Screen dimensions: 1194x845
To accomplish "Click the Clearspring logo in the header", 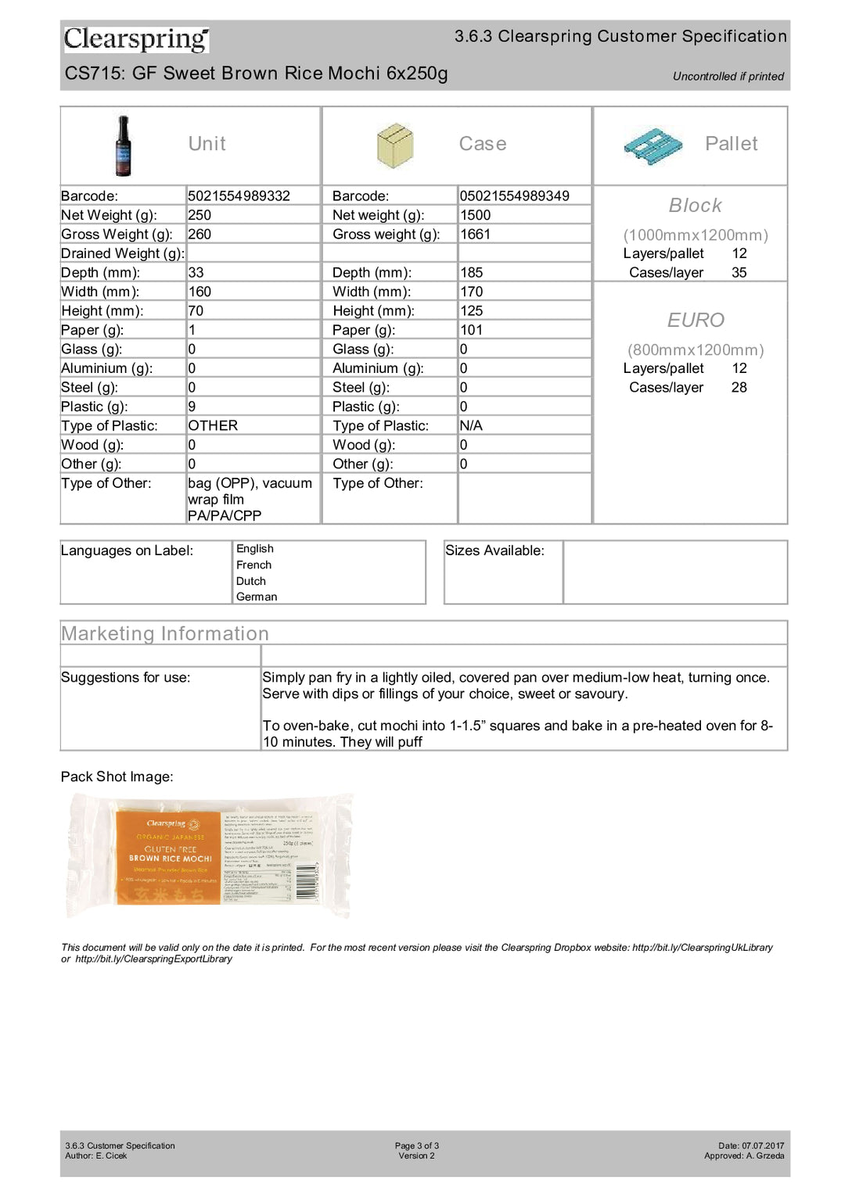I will pos(136,38).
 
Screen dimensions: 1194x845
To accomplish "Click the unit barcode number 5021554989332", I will pos(239,196).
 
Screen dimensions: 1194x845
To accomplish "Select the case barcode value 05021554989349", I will pos(514,196).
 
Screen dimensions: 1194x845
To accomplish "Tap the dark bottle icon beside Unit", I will pos(123,145).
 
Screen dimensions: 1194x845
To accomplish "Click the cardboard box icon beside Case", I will pos(394,145).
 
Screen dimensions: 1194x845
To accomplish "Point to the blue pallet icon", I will pos(653,146).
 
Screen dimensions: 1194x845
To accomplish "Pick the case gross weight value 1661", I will pos(475,235).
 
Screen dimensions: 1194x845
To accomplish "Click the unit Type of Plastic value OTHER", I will pos(213,426).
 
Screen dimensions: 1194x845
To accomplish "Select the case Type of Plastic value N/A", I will pos(471,426).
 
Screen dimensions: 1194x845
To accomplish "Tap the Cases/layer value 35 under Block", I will pos(739,273).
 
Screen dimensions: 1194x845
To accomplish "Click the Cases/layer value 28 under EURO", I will pos(739,388).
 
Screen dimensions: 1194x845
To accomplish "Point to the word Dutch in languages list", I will pos(251,581).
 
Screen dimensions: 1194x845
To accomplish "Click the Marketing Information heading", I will pos(165,633).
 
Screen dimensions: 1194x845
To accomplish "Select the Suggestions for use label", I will pos(125,678).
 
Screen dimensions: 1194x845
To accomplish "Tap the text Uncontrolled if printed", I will pos(728,77).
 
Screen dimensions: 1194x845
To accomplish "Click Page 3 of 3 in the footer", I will pos(416,1146).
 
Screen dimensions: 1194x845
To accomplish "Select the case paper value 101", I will pos(471,330).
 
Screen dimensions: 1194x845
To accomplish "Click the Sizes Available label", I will pos(494,550).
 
